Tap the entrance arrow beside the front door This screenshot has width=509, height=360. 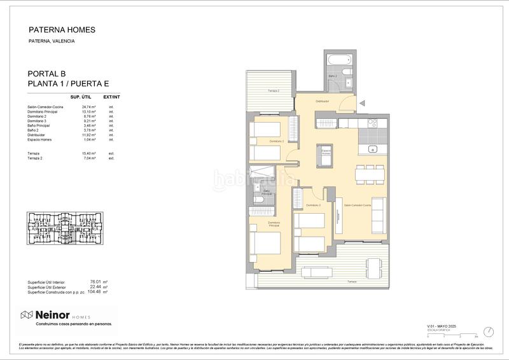tap(362, 102)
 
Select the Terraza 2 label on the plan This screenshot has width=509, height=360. tap(273, 91)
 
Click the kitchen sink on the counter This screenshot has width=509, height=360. tap(375, 149)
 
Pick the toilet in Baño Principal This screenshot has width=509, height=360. tap(260, 201)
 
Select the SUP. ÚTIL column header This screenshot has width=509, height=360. tap(82, 96)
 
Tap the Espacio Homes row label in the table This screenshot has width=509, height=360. tap(39, 139)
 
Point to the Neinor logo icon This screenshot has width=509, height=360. tap(27, 315)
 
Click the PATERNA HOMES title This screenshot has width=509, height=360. tap(62, 29)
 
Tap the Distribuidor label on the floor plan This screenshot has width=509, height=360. tap(323, 101)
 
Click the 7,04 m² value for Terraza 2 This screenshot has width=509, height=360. tap(89, 158)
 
